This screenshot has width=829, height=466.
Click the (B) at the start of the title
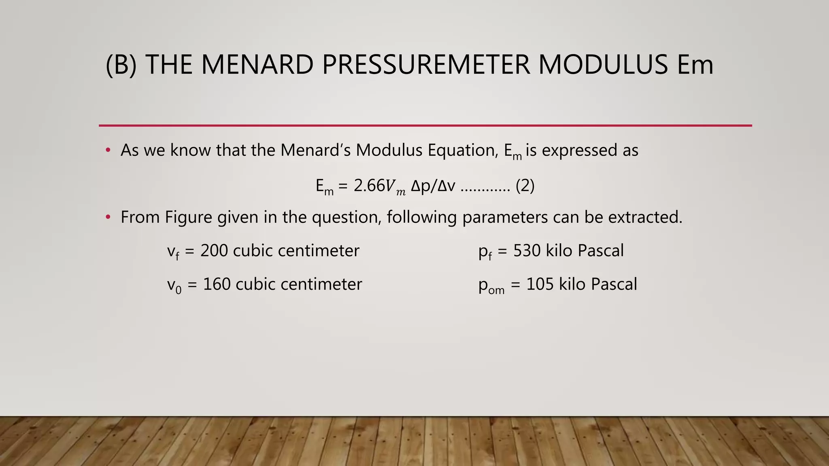[x=121, y=65]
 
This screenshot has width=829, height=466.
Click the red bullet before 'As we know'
[x=108, y=150]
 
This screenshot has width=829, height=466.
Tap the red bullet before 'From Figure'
[x=108, y=218]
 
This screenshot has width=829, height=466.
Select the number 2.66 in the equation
[x=369, y=186]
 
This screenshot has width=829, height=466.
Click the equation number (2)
[x=525, y=186]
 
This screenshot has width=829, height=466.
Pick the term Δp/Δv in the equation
[x=433, y=186]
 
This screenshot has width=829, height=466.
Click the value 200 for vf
[x=214, y=251]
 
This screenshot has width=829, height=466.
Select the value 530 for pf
[x=527, y=251]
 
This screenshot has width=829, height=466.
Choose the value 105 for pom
[x=540, y=284]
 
